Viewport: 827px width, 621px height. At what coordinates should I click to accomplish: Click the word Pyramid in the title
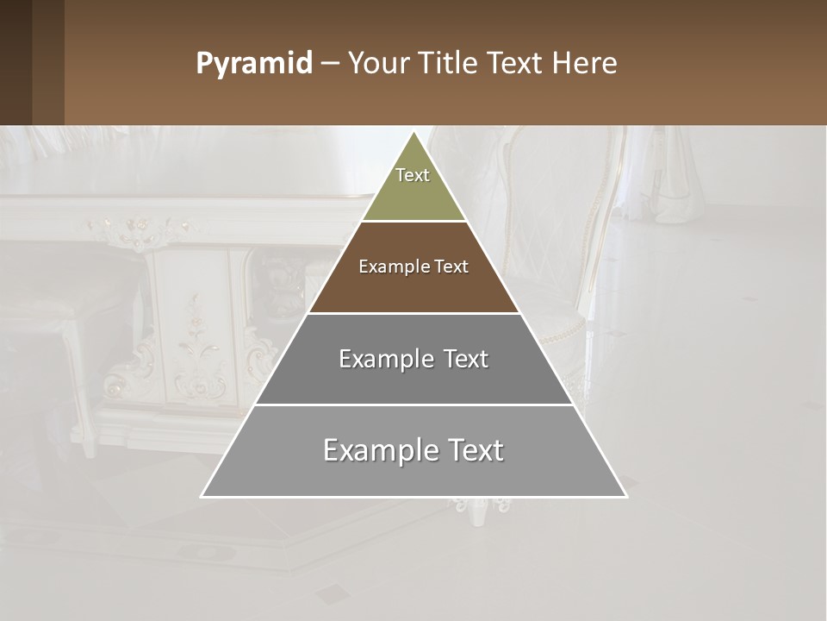(254, 64)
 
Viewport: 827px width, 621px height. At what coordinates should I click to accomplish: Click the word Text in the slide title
(517, 64)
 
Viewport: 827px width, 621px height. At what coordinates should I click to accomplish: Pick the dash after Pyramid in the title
(330, 64)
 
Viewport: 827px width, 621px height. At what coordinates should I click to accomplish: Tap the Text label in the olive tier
(413, 175)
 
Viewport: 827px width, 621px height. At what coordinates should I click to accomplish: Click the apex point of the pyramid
(413, 133)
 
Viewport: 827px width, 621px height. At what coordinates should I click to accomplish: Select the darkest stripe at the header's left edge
(16, 62)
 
